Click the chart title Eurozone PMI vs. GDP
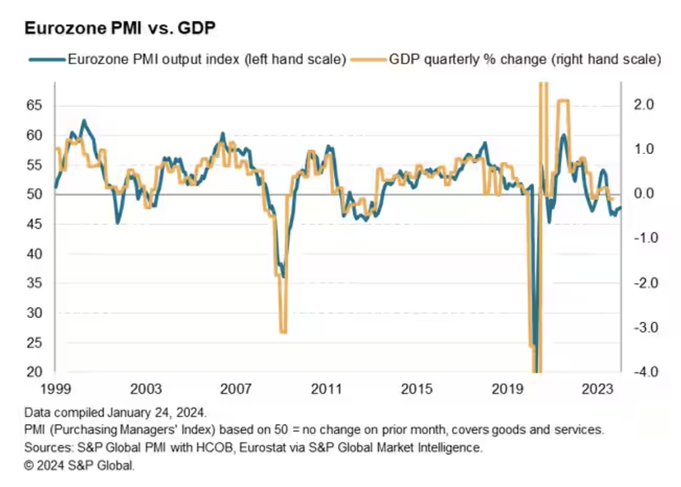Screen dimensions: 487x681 tap(120, 28)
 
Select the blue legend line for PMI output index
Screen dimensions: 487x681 tap(47, 59)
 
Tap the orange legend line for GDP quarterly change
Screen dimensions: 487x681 tap(368, 59)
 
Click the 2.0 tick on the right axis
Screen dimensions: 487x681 tap(643, 105)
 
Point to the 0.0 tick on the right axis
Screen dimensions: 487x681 tap(643, 194)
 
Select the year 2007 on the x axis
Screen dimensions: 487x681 tap(236, 389)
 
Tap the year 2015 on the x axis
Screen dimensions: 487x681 tap(416, 389)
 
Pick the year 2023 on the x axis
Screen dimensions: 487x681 tap(597, 389)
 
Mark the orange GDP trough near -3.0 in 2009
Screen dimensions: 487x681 tap(283, 332)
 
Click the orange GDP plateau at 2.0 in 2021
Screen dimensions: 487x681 tap(563, 101)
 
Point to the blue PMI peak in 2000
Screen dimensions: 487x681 tap(84, 121)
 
